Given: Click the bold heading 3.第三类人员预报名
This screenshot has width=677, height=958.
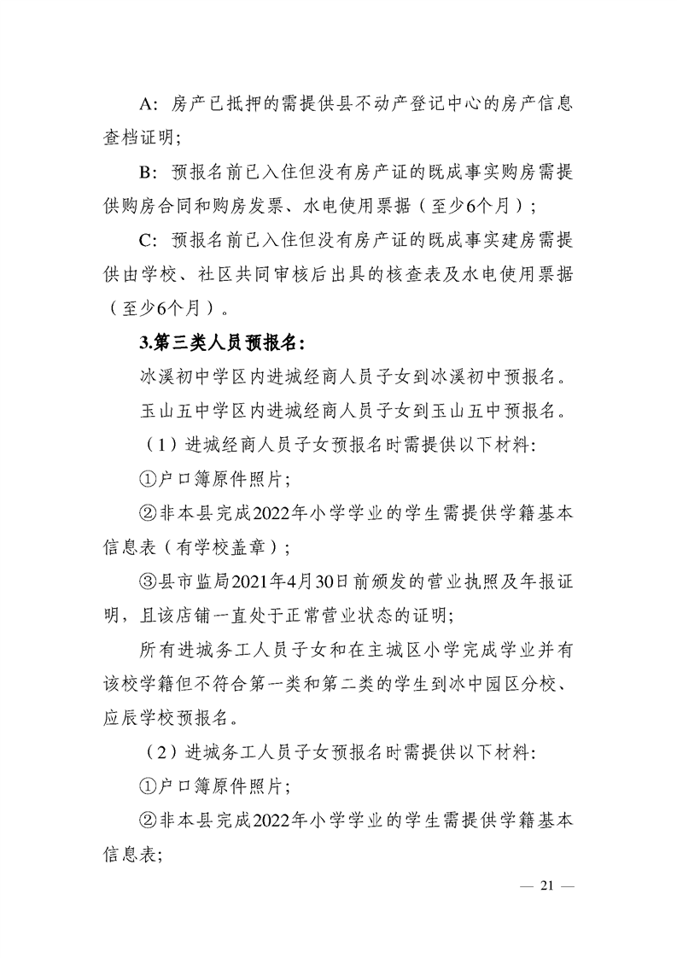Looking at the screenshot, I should [x=222, y=342].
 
